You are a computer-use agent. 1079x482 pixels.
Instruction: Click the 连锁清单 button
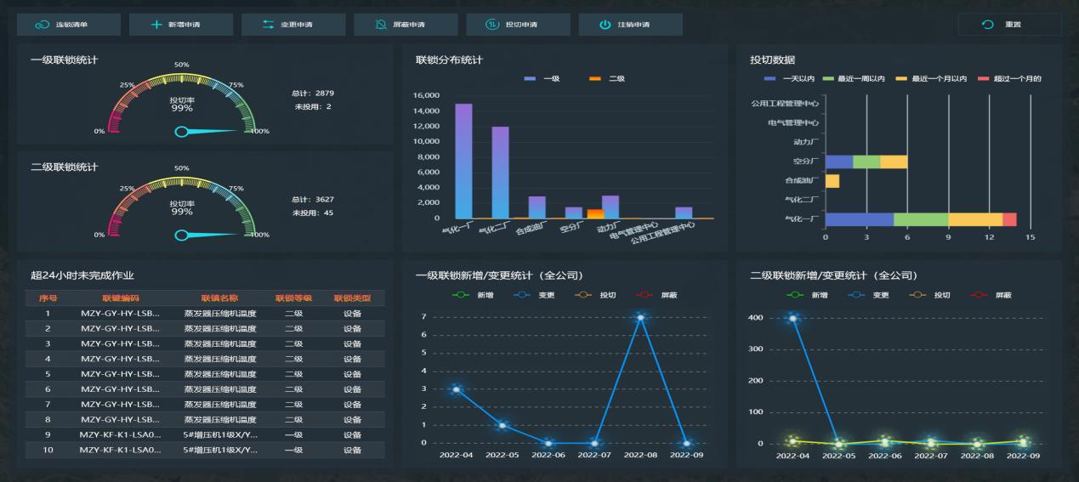69,25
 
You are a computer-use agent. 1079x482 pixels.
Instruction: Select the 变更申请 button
293,25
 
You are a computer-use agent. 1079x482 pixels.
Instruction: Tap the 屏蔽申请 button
405,25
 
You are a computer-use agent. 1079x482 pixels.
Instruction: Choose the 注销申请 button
630,25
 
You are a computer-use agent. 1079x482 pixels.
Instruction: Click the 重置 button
1009,25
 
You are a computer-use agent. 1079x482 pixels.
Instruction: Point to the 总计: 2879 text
312,92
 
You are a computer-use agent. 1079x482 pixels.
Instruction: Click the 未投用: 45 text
312,213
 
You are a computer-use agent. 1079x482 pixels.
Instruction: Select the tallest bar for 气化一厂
463,161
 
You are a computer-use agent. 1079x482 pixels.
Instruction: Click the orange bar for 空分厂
595,213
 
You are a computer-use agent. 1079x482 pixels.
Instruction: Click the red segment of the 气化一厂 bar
1009,219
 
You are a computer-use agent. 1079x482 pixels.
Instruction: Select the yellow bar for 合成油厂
832,181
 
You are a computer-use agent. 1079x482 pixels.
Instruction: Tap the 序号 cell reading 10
48,450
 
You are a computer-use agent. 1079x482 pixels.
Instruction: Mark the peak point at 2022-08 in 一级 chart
640,317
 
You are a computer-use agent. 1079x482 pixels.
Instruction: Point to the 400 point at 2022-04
793,318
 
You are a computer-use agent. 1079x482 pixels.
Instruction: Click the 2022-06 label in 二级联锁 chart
885,456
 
